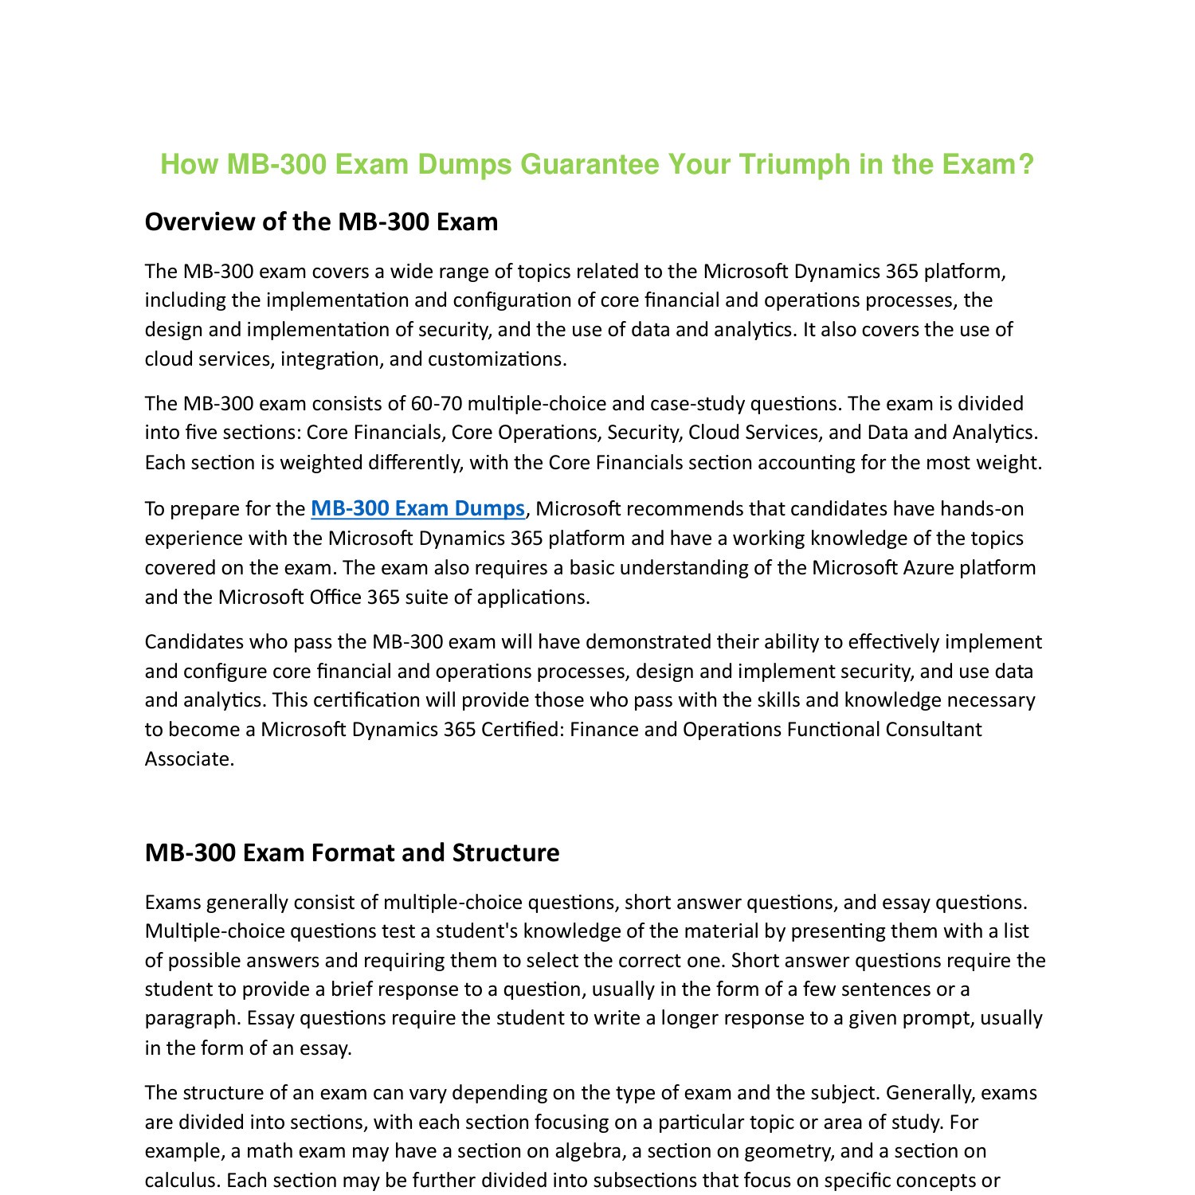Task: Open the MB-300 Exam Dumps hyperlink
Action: (417, 508)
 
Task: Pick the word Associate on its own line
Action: (190, 758)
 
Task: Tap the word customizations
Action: (497, 359)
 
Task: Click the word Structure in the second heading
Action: (506, 852)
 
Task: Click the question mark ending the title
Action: (1025, 165)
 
